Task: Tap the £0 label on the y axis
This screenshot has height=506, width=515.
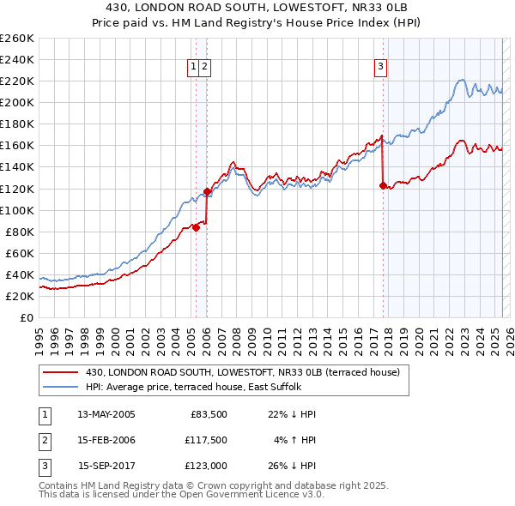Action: tap(25, 317)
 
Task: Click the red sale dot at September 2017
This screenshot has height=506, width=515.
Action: tap(383, 184)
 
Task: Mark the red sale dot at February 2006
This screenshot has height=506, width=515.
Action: tap(207, 191)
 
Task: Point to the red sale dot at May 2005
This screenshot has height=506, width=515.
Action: tap(196, 227)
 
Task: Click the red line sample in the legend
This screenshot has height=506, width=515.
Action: tap(63, 372)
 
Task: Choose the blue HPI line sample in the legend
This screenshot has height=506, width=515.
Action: tap(63, 387)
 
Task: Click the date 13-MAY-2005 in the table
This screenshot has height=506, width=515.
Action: tap(106, 414)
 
